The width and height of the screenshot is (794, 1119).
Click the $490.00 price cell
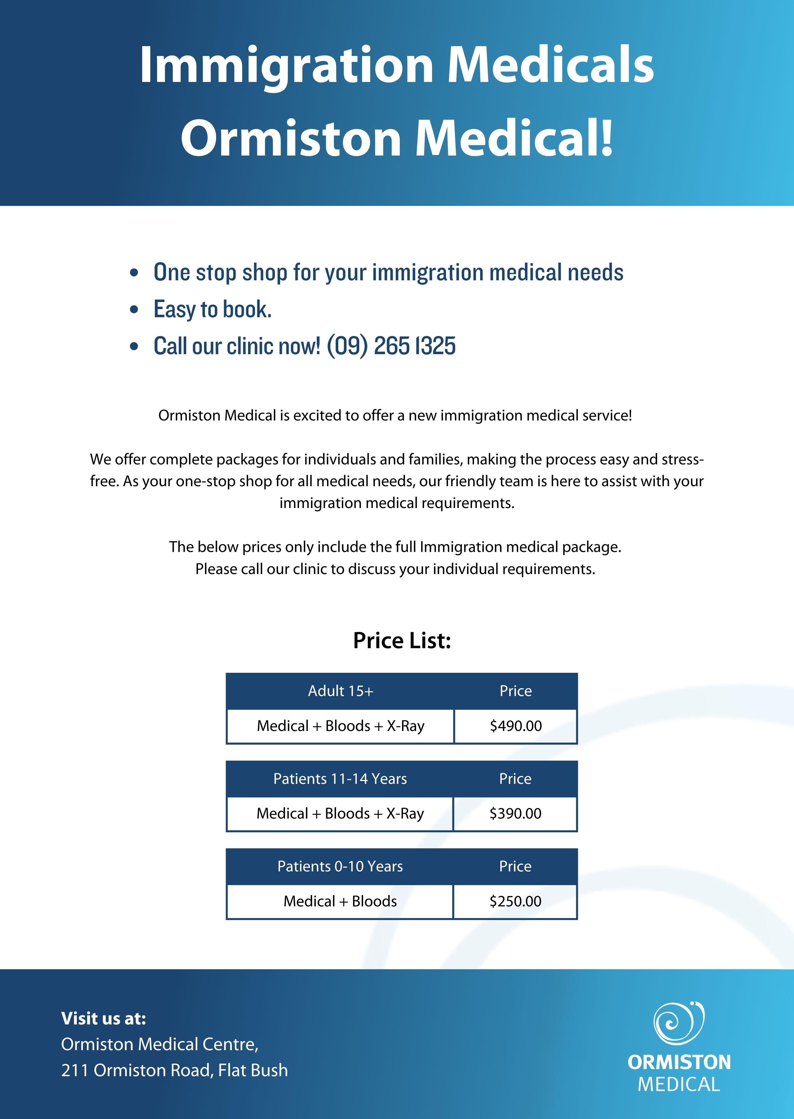515,726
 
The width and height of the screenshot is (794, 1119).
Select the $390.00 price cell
515,813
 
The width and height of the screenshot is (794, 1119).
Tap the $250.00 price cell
515,901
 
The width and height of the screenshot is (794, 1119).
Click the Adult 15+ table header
340,691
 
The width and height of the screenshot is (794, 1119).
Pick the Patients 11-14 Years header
340,779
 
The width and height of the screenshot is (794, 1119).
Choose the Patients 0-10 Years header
340,866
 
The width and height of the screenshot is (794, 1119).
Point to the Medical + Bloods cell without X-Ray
340,901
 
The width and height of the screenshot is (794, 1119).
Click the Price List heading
401,641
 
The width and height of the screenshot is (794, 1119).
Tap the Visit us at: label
104,1018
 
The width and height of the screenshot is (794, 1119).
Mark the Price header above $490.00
515,691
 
